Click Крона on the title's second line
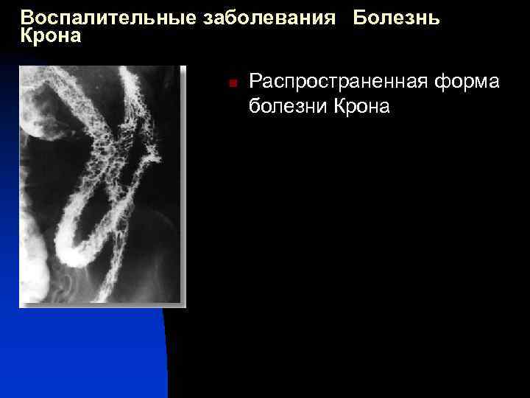click(51, 36)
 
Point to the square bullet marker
click(230, 84)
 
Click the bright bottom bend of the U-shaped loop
click(74, 254)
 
